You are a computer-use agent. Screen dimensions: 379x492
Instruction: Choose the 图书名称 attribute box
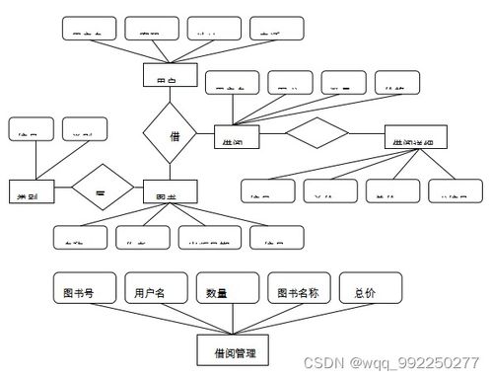click(x=302, y=291)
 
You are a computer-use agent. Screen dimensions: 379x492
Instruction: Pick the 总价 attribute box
click(x=372, y=291)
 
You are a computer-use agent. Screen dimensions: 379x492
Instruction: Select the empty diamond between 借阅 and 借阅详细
click(x=316, y=134)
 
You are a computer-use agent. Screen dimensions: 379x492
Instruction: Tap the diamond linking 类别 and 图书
click(x=101, y=184)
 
